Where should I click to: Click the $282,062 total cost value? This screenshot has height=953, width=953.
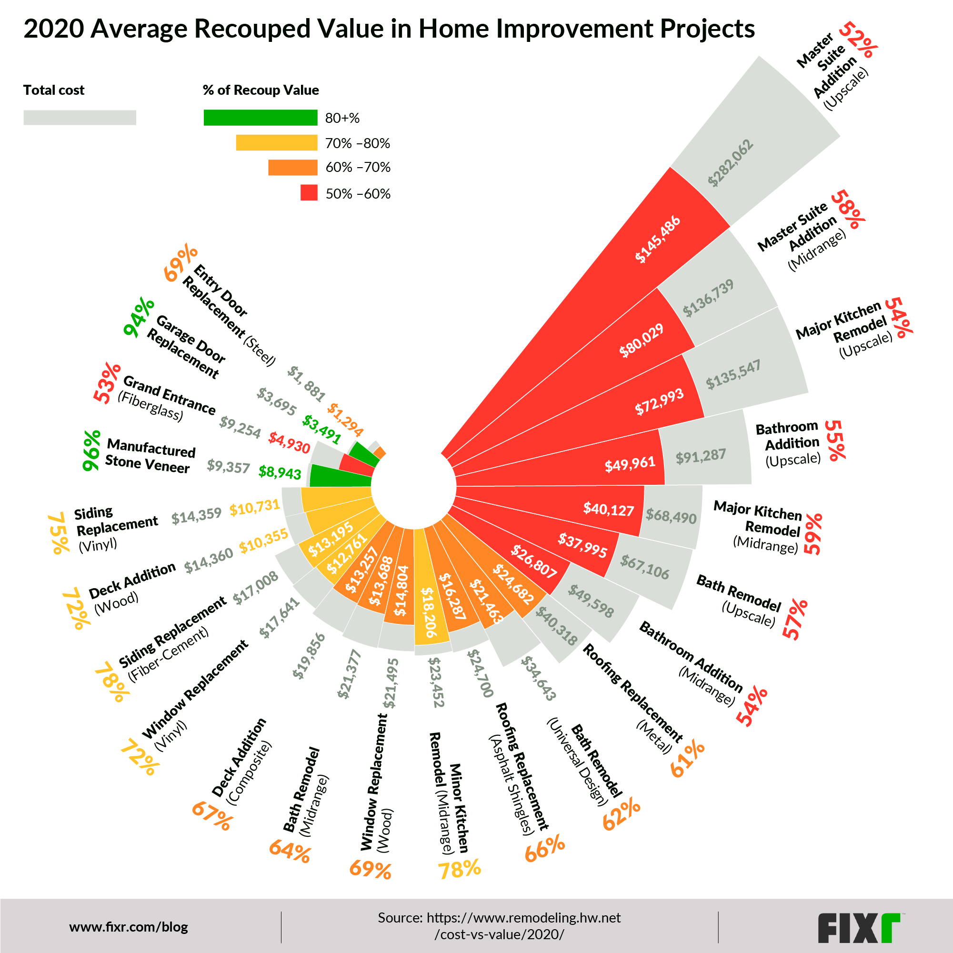click(x=731, y=163)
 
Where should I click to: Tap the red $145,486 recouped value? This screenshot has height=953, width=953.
click(x=658, y=239)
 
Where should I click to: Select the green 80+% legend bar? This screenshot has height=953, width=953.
click(x=261, y=118)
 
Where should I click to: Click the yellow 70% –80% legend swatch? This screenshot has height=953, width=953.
click(x=276, y=143)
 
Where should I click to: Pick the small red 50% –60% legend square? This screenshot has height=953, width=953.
click(x=309, y=193)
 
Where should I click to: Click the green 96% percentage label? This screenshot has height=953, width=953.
click(x=92, y=451)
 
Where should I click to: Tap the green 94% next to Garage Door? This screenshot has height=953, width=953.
click(x=139, y=318)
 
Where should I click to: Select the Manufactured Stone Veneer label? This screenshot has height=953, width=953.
click(x=150, y=456)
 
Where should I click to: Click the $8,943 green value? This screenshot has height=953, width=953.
click(x=280, y=472)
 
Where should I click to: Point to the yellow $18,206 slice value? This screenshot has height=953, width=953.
click(x=428, y=612)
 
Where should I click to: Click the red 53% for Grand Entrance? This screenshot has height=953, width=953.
click(x=107, y=383)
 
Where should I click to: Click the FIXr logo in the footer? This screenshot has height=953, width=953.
click(x=858, y=928)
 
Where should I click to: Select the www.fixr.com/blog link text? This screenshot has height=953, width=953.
click(x=129, y=927)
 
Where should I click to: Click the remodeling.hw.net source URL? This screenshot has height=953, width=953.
click(x=499, y=926)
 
